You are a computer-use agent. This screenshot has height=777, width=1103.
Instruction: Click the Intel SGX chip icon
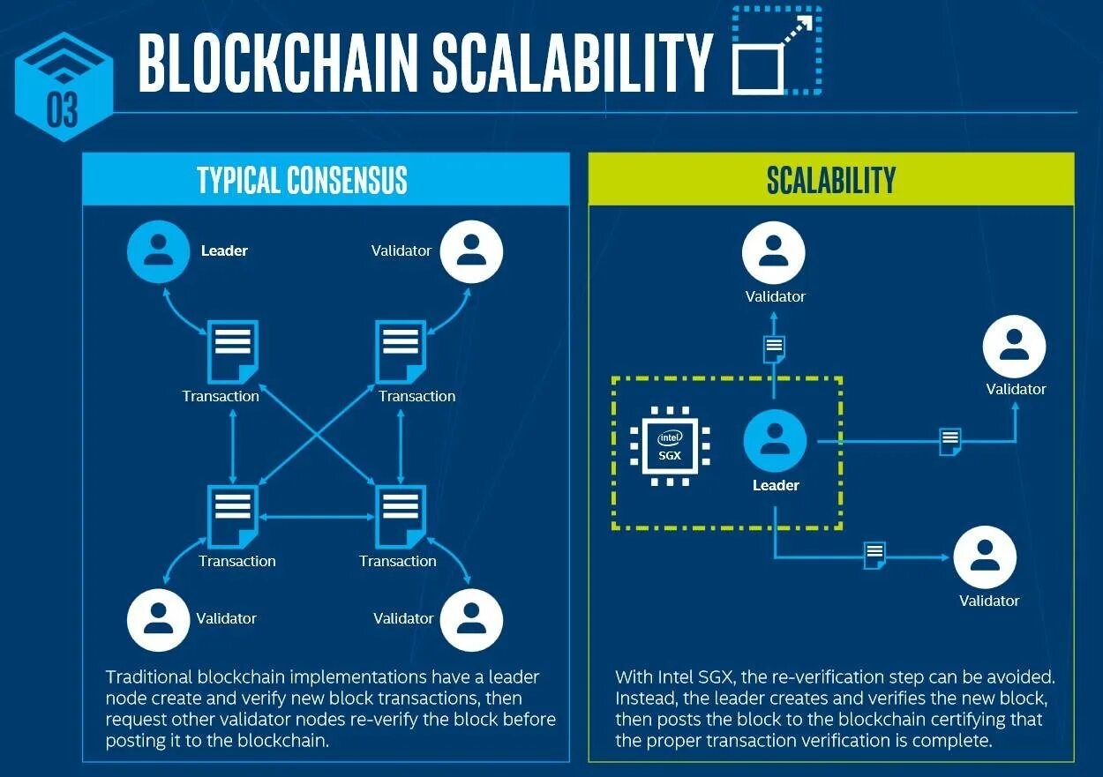point(670,446)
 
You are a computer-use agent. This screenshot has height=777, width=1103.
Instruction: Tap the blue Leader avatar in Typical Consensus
point(159,250)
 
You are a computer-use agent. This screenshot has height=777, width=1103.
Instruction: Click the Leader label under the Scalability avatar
point(776,485)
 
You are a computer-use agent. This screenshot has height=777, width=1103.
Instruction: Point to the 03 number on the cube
point(63,112)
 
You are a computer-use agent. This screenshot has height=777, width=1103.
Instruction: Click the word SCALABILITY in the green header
point(830,180)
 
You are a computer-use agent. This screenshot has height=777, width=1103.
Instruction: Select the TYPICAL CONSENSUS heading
point(302,180)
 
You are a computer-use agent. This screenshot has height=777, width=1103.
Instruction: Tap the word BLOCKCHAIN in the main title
point(277,64)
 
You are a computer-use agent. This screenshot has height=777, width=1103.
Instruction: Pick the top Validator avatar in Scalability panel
point(774,252)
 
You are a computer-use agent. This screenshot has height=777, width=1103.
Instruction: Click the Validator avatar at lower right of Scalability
point(985,557)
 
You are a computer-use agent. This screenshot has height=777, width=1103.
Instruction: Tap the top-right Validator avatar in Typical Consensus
point(471,250)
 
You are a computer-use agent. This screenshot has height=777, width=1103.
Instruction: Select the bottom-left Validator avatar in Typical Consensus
point(159,619)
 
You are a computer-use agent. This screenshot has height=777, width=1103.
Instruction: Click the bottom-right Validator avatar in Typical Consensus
point(471,619)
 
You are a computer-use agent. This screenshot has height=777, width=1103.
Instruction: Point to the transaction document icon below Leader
point(231,351)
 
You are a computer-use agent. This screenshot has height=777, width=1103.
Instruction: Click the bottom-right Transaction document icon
point(401,516)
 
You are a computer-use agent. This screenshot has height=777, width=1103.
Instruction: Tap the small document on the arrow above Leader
point(774,348)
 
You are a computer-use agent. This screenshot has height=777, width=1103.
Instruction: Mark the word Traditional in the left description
point(149,677)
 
